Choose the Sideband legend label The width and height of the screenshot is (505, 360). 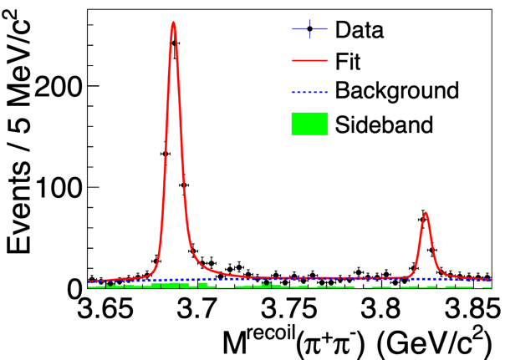[384, 125]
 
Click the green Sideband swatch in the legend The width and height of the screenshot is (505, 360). [309, 124]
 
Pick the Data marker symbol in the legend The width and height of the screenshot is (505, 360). [310, 30]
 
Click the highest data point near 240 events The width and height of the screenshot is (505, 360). [174, 43]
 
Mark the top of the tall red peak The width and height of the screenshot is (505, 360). [172, 23]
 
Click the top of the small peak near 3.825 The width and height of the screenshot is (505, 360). [426, 213]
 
